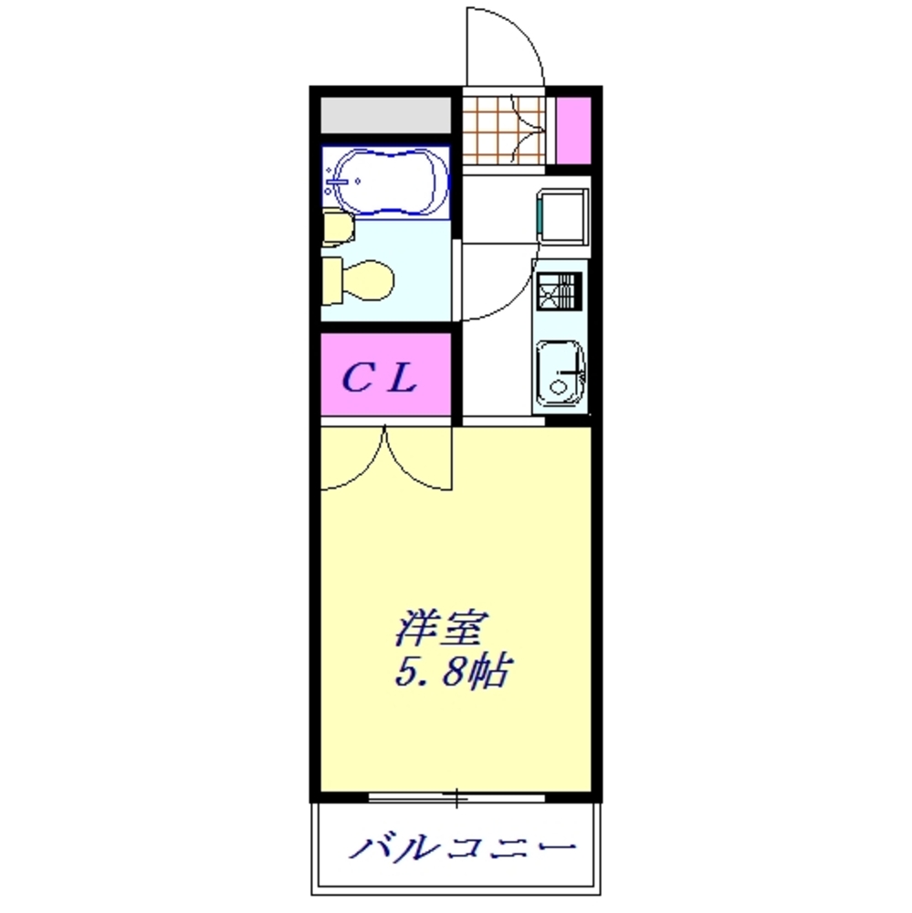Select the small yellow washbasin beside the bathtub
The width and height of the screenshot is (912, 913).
point(335,226)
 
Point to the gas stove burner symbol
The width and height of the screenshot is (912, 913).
point(558,291)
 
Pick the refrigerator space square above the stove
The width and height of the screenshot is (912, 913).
point(561,216)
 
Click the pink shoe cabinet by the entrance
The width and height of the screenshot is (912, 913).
point(573,129)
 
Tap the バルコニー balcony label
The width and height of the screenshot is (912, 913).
point(464,848)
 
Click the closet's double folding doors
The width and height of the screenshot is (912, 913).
point(387,456)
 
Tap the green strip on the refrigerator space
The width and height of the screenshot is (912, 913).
point(540,216)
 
